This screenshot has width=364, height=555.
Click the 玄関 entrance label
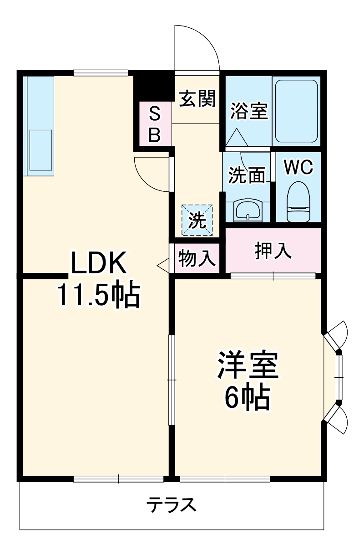(197, 98)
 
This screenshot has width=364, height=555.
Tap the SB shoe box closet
(155, 124)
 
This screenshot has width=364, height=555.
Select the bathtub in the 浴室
(297, 111)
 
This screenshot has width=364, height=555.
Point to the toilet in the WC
(298, 201)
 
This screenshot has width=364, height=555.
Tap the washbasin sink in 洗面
(248, 210)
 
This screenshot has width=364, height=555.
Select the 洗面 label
(247, 175)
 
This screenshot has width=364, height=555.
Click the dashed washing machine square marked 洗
(197, 220)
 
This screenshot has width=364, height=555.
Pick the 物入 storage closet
(197, 258)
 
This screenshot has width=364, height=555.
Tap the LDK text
(98, 262)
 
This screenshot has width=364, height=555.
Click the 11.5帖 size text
(99, 294)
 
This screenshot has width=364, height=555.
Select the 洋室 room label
(248, 365)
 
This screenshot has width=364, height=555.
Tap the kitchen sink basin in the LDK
(41, 150)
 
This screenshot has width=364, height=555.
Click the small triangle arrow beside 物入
(163, 265)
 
